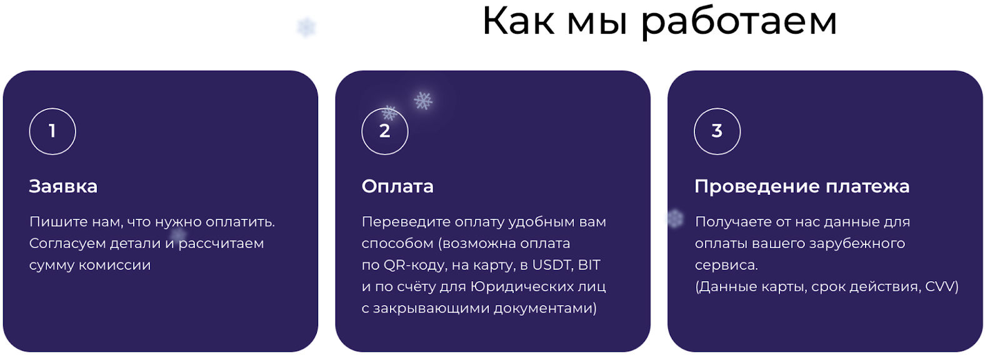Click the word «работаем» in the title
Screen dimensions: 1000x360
739,22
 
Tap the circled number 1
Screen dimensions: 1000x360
52,131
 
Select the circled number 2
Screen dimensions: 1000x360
385,131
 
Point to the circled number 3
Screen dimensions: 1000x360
717,131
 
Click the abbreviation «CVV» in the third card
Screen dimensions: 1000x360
939,286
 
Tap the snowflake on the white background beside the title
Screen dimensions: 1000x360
307,27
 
